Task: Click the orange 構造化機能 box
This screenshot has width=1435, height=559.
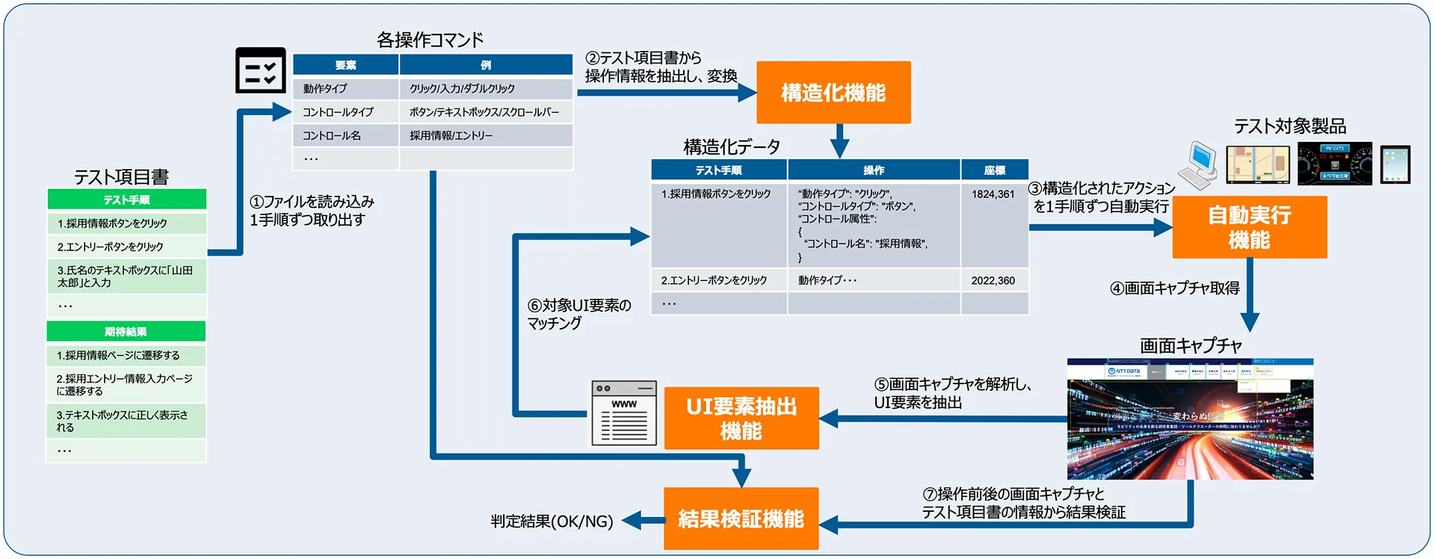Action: pos(833,93)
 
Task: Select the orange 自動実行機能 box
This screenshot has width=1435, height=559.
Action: pos(1249,227)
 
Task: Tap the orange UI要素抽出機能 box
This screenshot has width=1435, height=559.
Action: pos(741,418)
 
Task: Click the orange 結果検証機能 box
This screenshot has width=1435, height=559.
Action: pos(741,519)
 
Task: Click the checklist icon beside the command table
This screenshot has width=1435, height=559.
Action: pos(260,71)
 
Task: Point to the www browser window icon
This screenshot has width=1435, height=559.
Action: pos(624,413)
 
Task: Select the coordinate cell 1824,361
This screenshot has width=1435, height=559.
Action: pos(993,194)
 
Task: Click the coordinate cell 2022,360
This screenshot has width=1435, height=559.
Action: pos(993,281)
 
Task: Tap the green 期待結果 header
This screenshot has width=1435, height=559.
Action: pos(126,332)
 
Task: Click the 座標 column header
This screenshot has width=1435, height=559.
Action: pos(994,170)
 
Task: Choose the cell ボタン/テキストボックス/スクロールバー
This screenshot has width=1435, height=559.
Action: pos(484,112)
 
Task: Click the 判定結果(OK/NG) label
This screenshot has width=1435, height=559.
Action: pos(552,521)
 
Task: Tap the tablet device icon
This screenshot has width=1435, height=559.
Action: pos(1395,164)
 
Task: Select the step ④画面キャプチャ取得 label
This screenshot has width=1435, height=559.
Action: pos(1174,288)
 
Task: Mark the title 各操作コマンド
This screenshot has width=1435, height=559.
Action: pos(430,40)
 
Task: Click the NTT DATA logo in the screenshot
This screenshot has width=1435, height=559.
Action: pos(1124,371)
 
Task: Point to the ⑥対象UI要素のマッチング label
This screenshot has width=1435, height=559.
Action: pos(579,314)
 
